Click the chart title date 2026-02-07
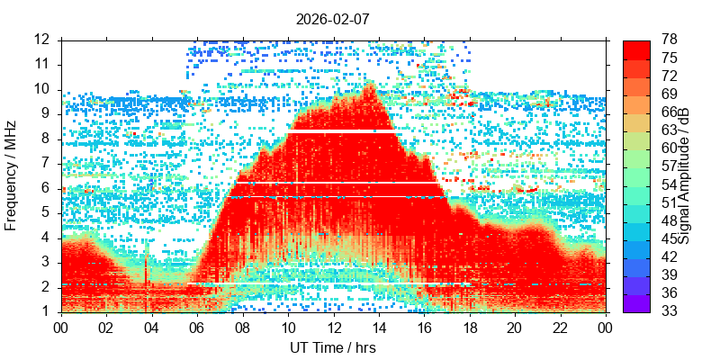pos(333,18)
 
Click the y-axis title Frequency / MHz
pos(12,175)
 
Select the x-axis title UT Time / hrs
pos(333,347)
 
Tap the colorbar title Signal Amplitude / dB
pos(684,175)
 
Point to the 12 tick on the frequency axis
pos(41,40)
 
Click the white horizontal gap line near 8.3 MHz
pos(342,131)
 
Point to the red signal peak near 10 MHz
pos(368,88)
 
